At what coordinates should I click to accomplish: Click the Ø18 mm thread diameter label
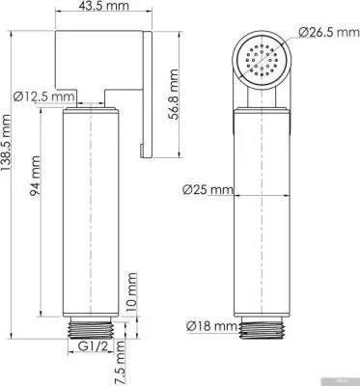click(x=210, y=326)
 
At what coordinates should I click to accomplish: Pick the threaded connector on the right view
click(x=263, y=329)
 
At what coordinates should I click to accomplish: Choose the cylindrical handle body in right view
click(x=263, y=212)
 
